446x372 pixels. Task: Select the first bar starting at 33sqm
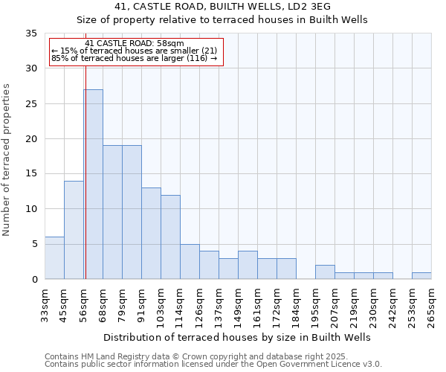tap(54, 258)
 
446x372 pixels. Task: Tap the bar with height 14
tap(74, 230)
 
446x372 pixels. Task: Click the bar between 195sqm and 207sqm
tap(325, 272)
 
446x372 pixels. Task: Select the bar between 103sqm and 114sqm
tap(170, 237)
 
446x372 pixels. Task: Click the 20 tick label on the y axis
tap(31, 139)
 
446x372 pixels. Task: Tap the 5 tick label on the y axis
tap(34, 244)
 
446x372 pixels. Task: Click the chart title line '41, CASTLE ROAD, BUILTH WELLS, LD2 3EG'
tap(222, 7)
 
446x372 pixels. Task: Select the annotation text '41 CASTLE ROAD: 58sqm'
tap(135, 44)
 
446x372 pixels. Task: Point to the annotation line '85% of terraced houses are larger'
tap(134, 58)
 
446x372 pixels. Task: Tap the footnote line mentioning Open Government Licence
tap(213, 365)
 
